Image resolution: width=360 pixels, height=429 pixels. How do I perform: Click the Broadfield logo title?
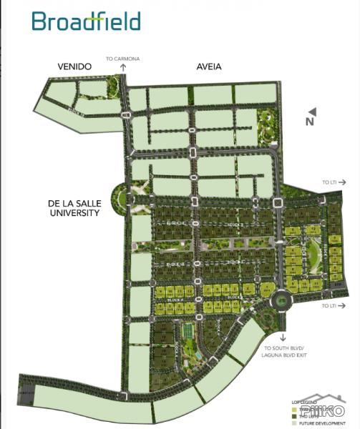85,21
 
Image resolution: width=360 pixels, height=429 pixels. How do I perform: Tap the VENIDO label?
75,66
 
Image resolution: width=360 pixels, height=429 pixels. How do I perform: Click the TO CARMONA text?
122,57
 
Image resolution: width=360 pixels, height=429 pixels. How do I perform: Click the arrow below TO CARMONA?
122,66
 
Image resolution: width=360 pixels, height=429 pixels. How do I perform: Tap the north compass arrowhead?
313,111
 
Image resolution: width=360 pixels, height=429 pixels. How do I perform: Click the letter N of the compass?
309,121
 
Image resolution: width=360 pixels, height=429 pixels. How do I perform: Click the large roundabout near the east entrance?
281,300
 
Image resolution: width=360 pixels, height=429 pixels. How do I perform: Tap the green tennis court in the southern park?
187,331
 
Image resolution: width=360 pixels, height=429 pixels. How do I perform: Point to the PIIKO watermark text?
322,412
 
